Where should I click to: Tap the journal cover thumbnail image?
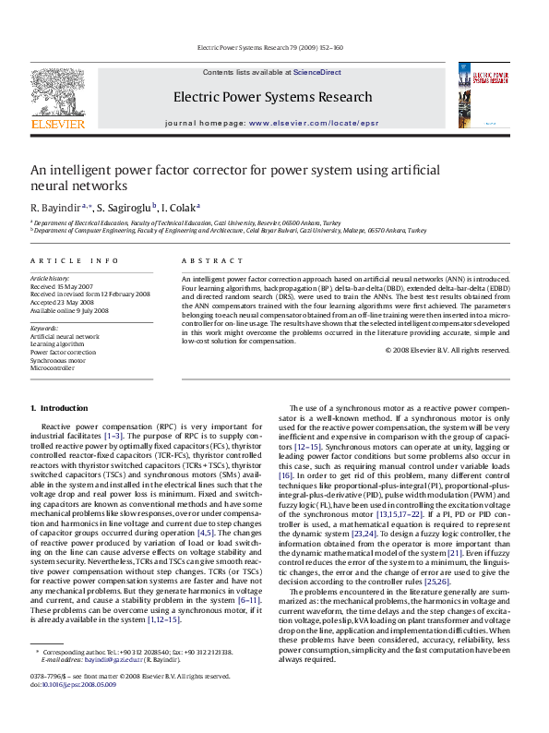502,98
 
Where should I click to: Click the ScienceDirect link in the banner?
317,72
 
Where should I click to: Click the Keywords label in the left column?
44,328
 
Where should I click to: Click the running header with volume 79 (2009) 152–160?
274,47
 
